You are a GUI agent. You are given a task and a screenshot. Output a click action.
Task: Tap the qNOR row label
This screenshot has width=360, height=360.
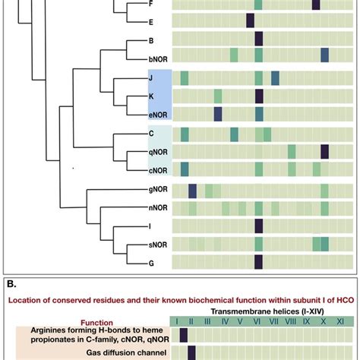(x=159, y=151)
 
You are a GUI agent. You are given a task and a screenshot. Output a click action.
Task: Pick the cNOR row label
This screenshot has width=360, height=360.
(x=159, y=169)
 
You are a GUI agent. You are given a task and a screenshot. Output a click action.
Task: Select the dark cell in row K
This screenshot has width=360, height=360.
(x=259, y=96)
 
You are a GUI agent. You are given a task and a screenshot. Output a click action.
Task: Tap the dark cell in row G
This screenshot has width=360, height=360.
(x=259, y=262)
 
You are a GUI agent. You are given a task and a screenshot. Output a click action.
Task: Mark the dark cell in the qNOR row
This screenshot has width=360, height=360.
(x=325, y=151)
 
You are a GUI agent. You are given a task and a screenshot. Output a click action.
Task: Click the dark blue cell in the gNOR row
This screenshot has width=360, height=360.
(x=192, y=189)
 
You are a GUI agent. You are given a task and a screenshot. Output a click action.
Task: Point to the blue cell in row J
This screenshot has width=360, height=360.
(x=275, y=77)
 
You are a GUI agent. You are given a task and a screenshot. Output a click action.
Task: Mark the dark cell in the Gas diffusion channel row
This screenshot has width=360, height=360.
(x=192, y=352)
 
